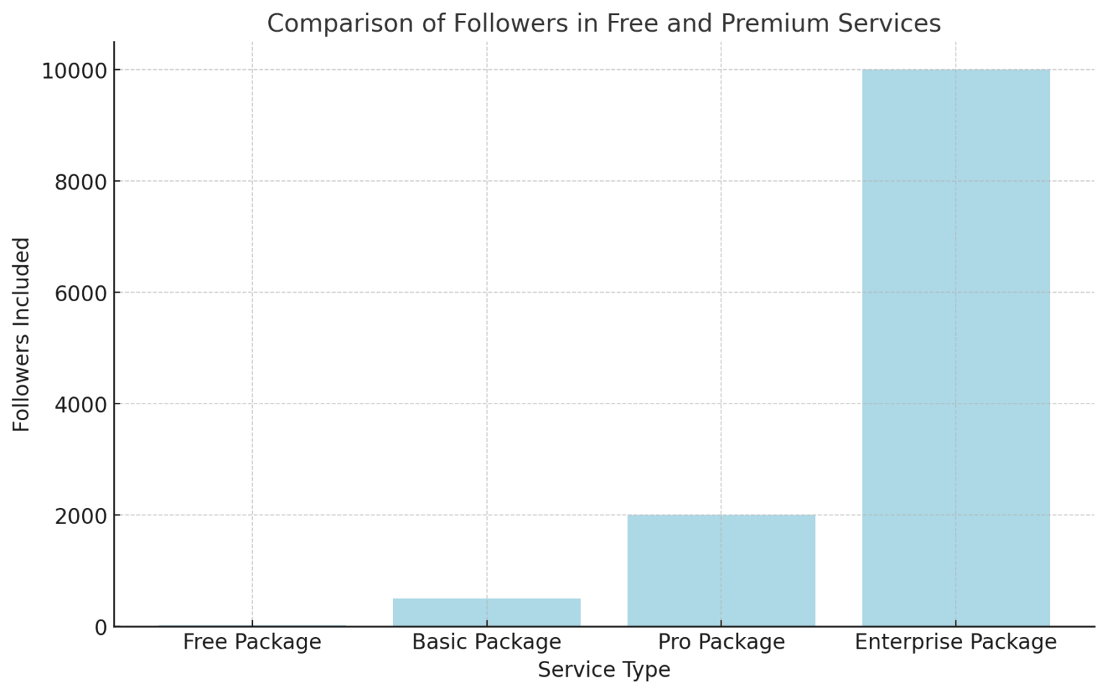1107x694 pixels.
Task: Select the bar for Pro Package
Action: [x=721, y=570]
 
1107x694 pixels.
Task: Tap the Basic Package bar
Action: [x=486, y=612]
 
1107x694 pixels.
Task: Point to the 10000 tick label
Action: [x=74, y=71]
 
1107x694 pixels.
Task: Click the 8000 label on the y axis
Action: [x=81, y=182]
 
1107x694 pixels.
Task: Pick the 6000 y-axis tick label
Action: [x=81, y=293]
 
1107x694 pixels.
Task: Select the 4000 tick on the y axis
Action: [x=81, y=405]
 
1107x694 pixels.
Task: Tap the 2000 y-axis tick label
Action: [x=81, y=516]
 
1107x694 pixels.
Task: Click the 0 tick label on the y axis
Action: [x=100, y=628]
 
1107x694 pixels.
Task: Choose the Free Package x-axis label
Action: [x=252, y=641]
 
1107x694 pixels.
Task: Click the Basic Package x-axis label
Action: [x=486, y=641]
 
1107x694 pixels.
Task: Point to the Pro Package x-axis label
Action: [x=721, y=641]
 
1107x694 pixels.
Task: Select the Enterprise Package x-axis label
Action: [x=956, y=641]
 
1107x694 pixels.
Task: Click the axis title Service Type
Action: [x=604, y=669]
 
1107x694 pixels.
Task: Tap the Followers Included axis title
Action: [x=22, y=334]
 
